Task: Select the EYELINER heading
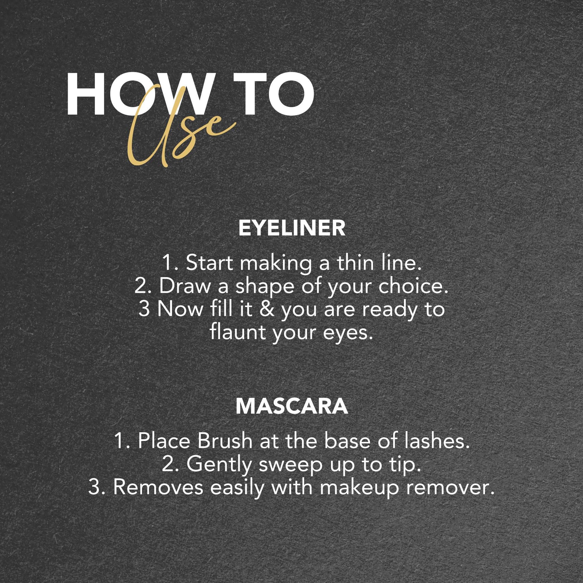292,228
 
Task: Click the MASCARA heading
292,407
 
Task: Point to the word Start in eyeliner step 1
209,263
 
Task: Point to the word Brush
224,441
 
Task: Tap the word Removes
158,488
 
